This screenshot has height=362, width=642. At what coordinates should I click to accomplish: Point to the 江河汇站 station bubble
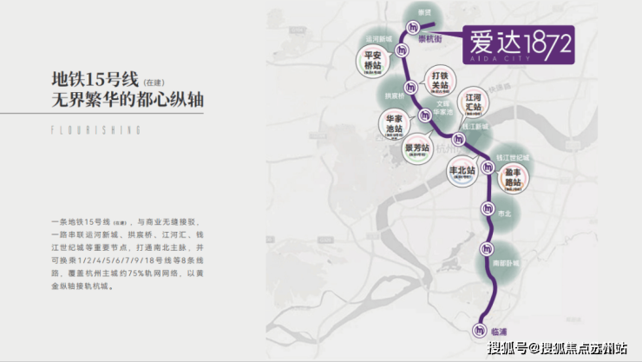click(473, 102)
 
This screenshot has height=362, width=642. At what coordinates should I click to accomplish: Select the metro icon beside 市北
click(488, 209)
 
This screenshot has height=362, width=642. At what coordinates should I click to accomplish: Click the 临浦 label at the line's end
click(503, 328)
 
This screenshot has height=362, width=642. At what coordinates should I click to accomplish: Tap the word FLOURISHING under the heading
click(95, 129)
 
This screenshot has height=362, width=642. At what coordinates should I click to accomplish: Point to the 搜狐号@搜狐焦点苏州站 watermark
click(557, 349)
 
